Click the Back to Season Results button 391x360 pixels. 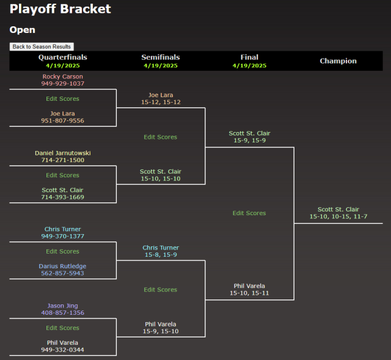(42, 46)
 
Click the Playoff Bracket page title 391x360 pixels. (60, 9)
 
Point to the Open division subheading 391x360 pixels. (23, 30)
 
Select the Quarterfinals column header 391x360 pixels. (63, 57)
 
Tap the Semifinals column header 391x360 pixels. (161, 57)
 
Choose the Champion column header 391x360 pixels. (338, 61)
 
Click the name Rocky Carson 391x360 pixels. (63, 76)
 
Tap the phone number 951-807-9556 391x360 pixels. (63, 121)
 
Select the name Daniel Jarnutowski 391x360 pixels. (63, 153)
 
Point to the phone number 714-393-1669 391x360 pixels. (63, 197)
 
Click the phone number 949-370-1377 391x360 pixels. (63, 236)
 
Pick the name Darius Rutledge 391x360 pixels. (63, 266)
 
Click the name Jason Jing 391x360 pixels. (63, 306)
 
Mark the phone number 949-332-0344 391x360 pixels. (63, 350)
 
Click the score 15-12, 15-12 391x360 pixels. (161, 102)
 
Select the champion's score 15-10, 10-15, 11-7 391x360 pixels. (338, 217)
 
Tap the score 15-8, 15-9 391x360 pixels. (161, 255)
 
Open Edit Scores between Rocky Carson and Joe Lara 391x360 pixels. (63, 98)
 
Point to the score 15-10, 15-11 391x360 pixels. (249, 293)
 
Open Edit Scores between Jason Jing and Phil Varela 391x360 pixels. (63, 328)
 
